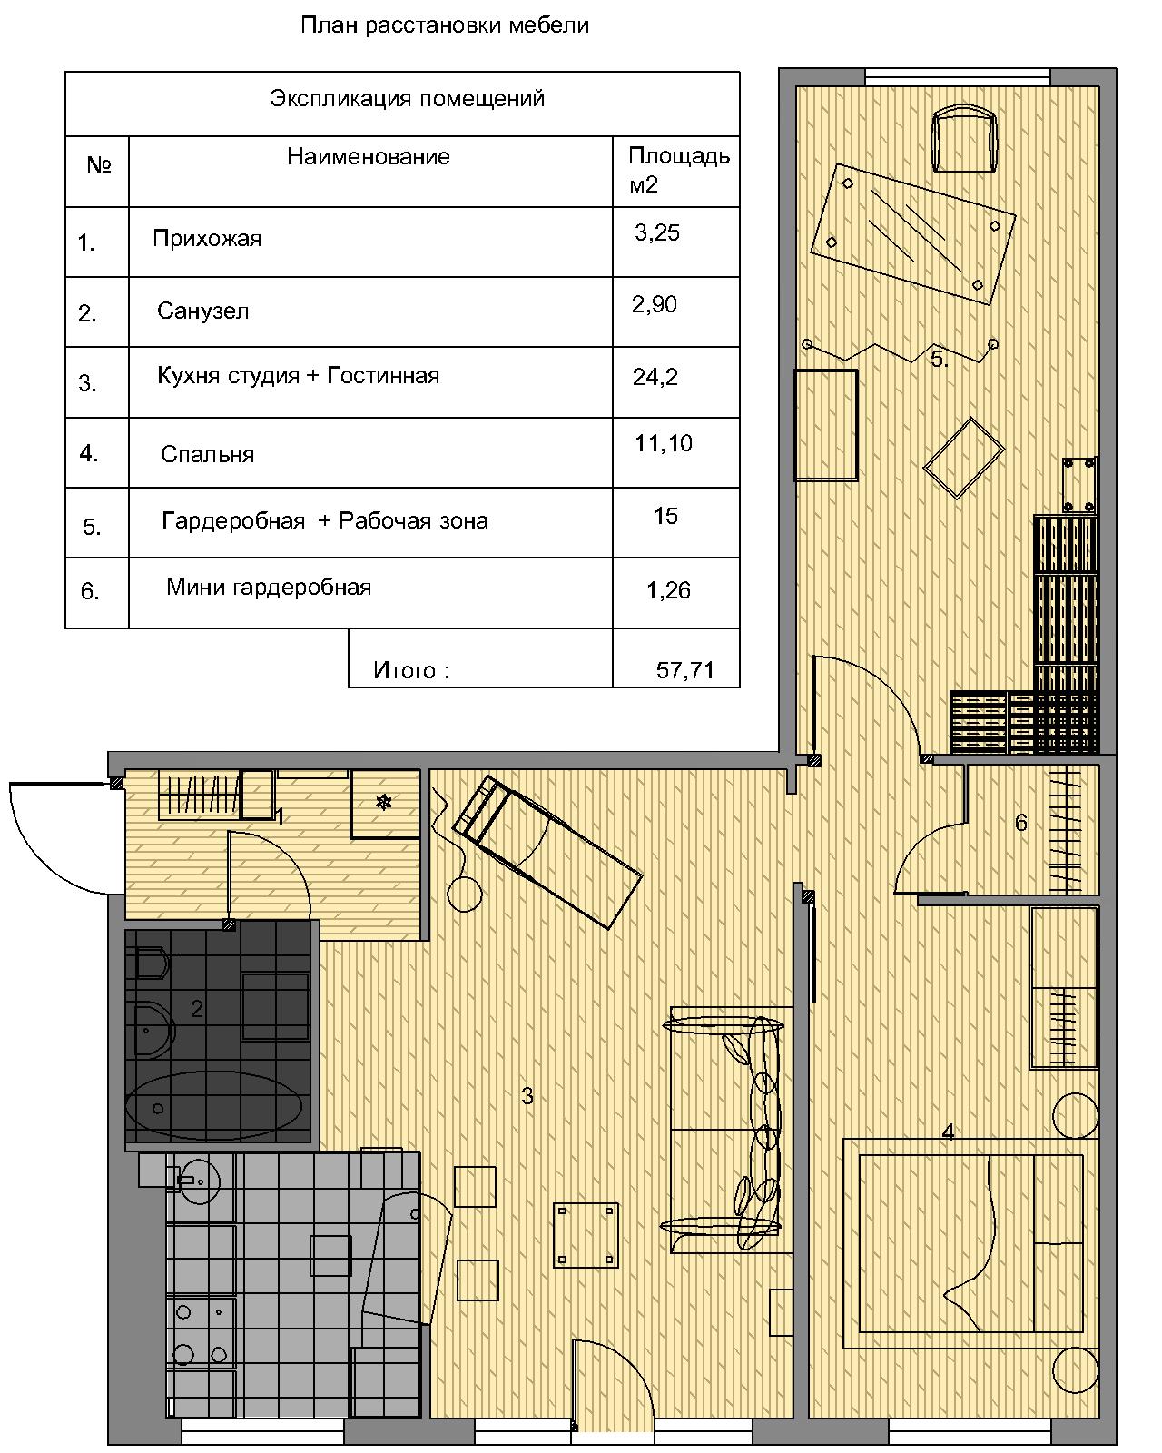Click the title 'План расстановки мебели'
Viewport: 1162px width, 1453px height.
point(445,25)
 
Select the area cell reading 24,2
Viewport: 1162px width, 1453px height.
point(655,377)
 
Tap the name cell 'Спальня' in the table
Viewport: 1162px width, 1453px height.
point(207,454)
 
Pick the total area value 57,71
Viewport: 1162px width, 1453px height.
point(684,670)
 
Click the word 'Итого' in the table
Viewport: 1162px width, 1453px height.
point(405,670)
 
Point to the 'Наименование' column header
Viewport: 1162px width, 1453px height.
point(369,156)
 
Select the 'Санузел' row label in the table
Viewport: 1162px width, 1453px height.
point(203,311)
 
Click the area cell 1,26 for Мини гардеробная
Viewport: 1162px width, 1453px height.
point(668,591)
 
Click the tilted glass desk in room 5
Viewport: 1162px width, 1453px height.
point(913,234)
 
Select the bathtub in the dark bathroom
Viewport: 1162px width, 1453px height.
point(214,1107)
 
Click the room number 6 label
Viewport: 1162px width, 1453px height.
point(1021,823)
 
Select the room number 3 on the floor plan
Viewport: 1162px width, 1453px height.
point(527,1096)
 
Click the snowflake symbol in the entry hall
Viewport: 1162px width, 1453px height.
point(383,802)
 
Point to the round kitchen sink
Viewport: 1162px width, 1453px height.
point(199,1182)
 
